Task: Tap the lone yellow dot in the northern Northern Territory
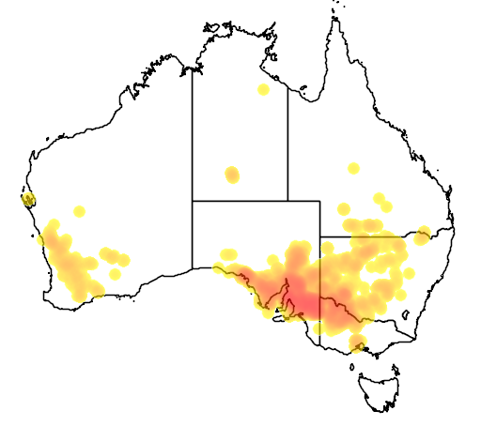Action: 263,89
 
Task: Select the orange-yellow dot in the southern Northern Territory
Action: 231,175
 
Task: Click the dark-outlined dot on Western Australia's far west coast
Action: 28,199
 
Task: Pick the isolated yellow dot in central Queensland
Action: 353,168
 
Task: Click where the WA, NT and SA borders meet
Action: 193,200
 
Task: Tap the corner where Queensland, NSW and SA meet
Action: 320,236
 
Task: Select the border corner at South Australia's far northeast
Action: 320,200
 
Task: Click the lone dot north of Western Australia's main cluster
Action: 79,210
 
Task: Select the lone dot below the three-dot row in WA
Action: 116,274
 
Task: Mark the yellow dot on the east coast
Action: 424,233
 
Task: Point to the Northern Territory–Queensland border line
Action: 287,141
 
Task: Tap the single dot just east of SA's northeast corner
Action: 345,206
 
